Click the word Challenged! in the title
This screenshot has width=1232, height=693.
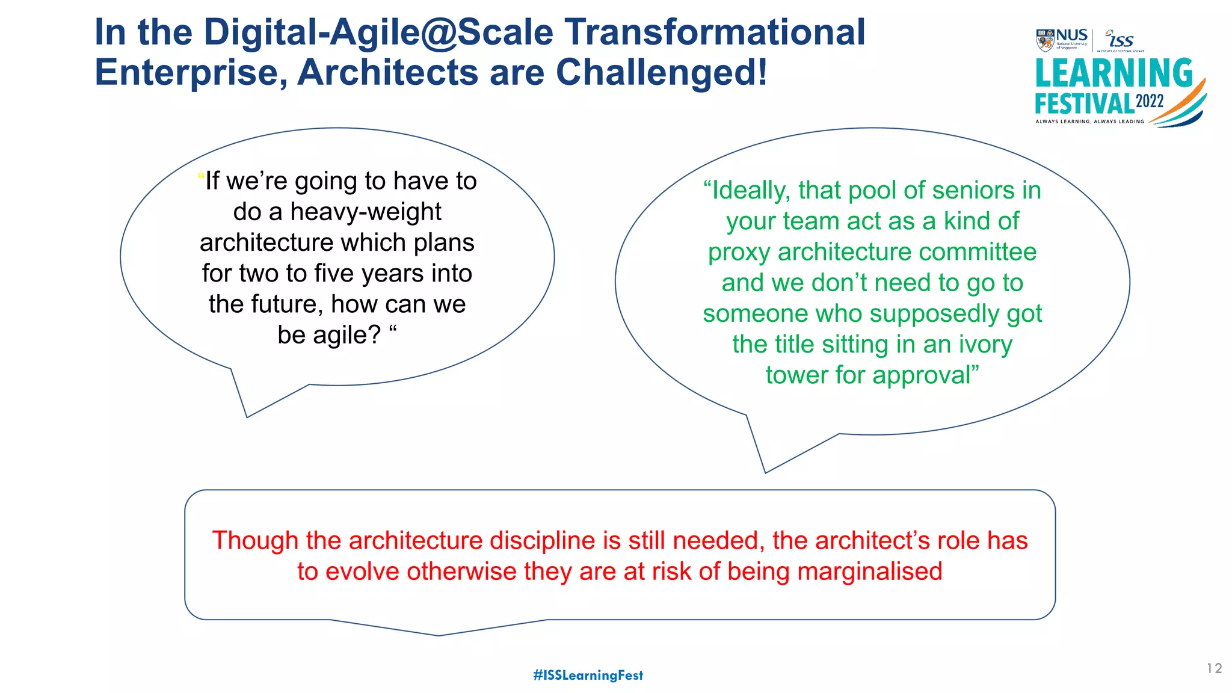click(x=661, y=72)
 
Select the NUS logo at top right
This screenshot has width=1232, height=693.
click(x=1062, y=40)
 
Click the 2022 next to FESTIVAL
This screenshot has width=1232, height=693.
click(x=1150, y=101)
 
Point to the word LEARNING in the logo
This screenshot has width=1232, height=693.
click(x=1113, y=73)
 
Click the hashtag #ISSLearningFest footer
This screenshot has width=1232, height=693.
click(x=588, y=675)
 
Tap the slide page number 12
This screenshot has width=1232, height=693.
click(x=1214, y=668)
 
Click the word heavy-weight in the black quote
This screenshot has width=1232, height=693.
click(x=366, y=212)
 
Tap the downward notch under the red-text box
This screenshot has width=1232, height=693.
click(x=439, y=632)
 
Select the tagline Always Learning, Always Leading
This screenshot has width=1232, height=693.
click(x=1089, y=122)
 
